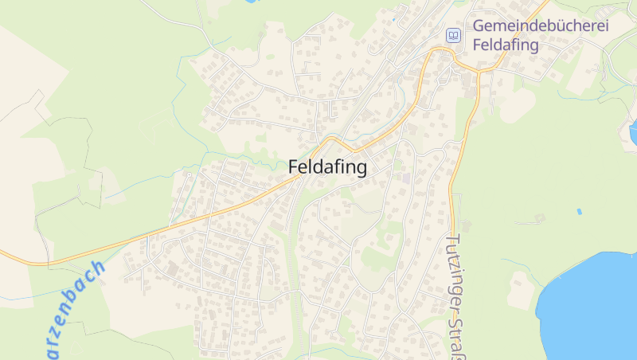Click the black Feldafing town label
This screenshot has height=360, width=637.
pyautogui.click(x=327, y=167)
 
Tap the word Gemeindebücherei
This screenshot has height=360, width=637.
pyautogui.click(x=541, y=25)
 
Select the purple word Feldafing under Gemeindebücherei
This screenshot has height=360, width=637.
pyautogui.click(x=506, y=45)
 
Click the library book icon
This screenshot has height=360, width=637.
pyautogui.click(x=453, y=35)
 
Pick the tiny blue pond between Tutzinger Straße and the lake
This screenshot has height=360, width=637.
pyautogui.click(x=579, y=212)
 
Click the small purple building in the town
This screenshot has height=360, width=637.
pyautogui.click(x=407, y=178)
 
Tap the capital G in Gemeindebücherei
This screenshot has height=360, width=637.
pyautogui.click(x=479, y=25)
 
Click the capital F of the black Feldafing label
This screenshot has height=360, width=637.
pyautogui.click(x=293, y=167)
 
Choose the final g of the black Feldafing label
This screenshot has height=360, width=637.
pyautogui.click(x=361, y=170)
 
